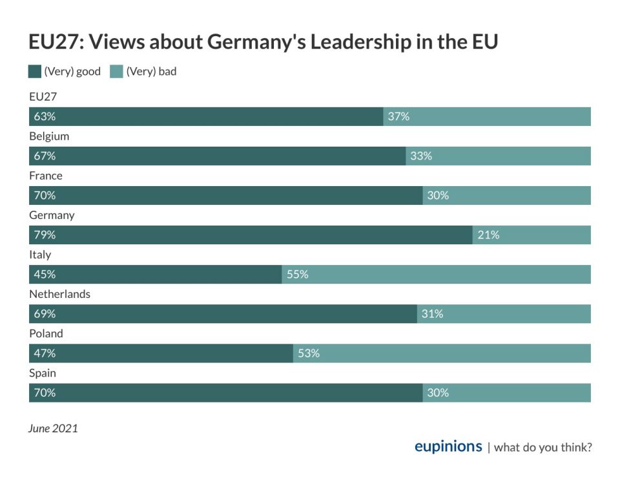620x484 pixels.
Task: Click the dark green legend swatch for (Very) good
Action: click(35, 72)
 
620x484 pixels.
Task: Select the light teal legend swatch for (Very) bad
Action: click(117, 72)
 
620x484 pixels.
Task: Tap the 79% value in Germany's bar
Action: click(45, 235)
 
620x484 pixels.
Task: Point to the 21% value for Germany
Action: click(488, 235)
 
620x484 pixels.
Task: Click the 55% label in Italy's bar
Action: click(297, 274)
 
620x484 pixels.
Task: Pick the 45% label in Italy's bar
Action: click(45, 274)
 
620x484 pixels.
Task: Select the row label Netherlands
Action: click(59, 294)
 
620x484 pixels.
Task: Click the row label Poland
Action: click(46, 333)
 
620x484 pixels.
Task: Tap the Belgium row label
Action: click(49, 136)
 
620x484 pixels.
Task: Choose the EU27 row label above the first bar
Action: click(43, 97)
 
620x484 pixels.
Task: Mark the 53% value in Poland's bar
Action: click(309, 353)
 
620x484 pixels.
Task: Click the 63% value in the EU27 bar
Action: click(45, 117)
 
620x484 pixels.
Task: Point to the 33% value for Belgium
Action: click(420, 156)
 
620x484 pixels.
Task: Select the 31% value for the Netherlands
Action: click(432, 313)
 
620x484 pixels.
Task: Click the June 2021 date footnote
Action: click(53, 428)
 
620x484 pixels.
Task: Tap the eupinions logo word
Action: click(448, 447)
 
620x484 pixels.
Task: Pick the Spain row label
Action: click(43, 373)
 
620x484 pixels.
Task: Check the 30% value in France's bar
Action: click(438, 195)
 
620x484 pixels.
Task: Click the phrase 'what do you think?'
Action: click(542, 447)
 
